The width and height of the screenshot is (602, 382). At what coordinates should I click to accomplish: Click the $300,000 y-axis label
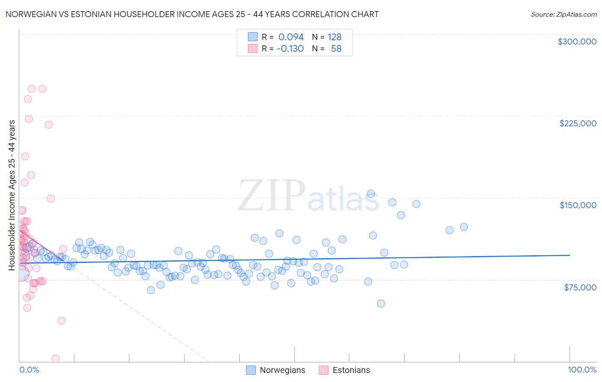click(577, 42)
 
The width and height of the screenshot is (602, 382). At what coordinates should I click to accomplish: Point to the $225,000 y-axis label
click(578, 123)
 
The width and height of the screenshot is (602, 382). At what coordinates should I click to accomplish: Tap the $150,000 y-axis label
click(578, 205)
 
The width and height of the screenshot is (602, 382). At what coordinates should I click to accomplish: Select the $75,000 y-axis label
click(580, 287)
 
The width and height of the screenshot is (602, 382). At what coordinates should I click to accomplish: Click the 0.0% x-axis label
click(29, 370)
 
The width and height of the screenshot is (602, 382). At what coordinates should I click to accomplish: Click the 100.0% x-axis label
click(582, 370)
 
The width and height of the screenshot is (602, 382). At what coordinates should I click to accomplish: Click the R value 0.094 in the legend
click(291, 37)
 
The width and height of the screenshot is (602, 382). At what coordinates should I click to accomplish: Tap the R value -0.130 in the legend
click(290, 48)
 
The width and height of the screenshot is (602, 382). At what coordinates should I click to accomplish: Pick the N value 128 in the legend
click(334, 37)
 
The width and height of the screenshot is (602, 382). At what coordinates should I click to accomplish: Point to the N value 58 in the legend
click(336, 48)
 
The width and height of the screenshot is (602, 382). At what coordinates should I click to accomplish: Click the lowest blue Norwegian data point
click(381, 304)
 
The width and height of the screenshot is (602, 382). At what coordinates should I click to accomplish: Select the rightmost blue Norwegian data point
click(464, 227)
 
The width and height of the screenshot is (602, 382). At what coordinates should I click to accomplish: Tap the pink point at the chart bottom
click(56, 358)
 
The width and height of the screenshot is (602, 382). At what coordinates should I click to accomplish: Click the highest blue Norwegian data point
click(371, 194)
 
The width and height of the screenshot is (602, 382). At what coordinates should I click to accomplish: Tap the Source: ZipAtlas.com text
click(563, 15)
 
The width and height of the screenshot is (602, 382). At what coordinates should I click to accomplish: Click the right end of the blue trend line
click(569, 255)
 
